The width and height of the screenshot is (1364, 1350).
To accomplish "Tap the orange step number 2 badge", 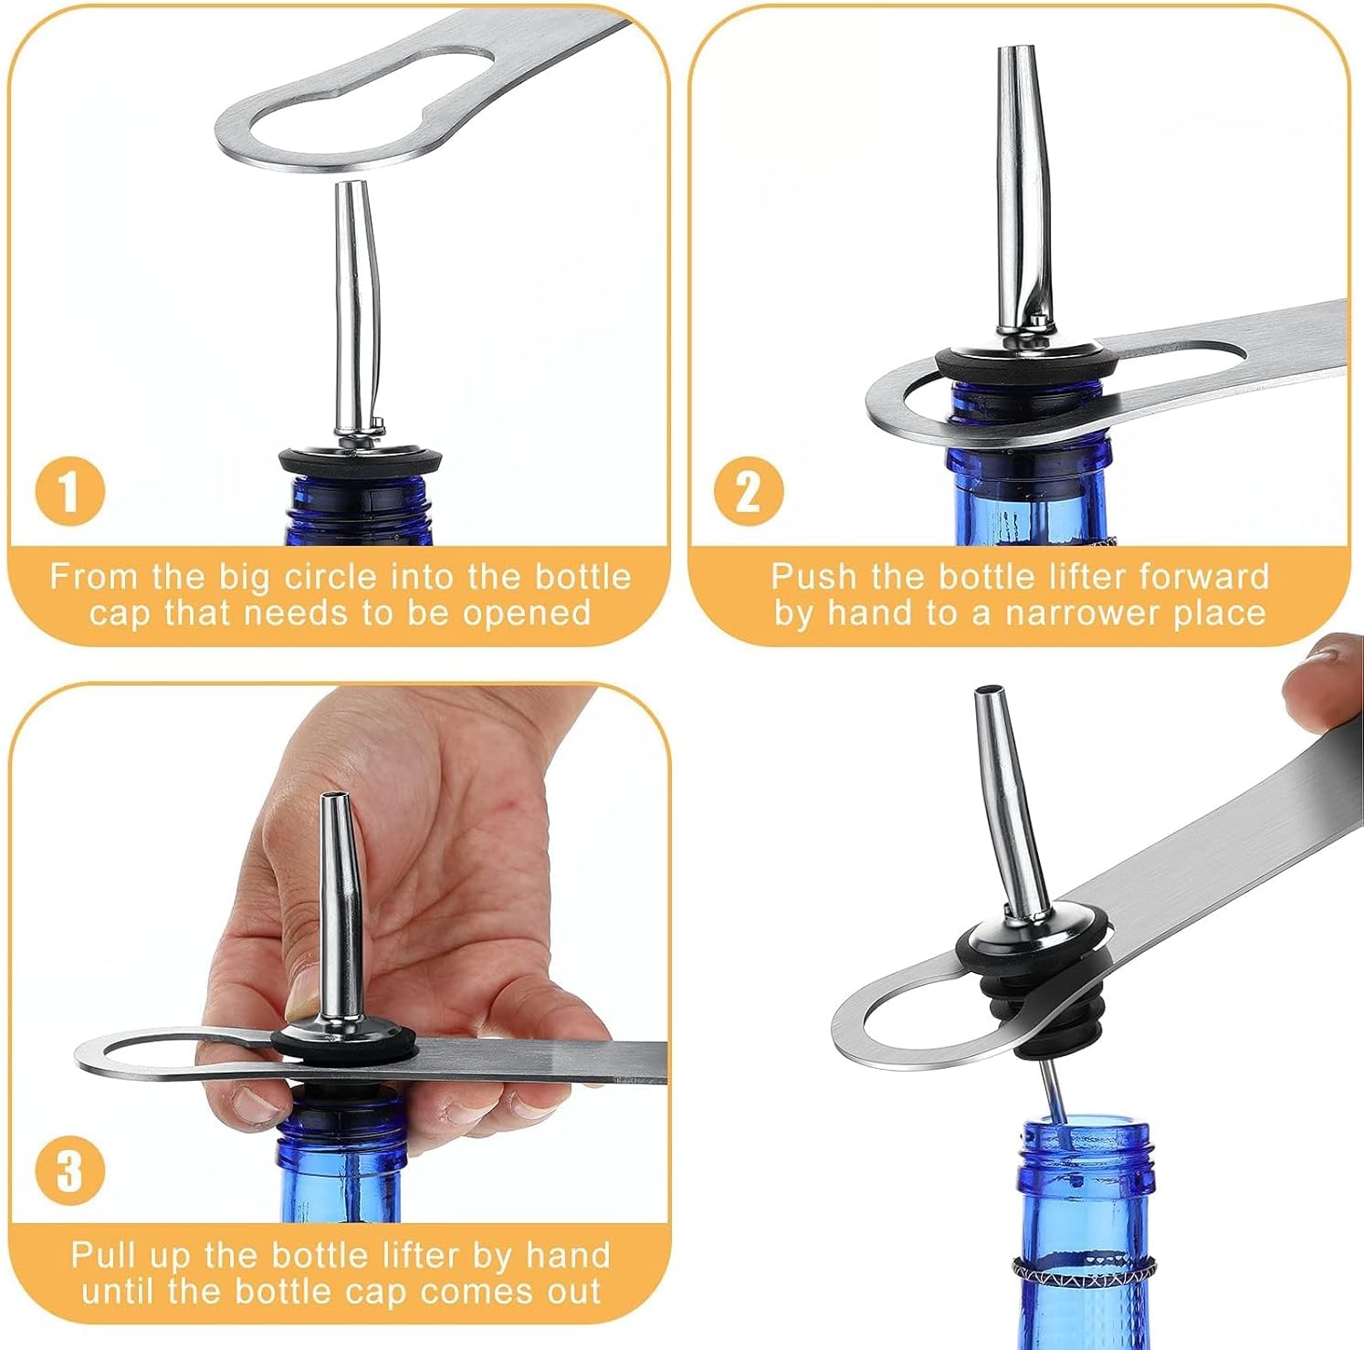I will pos(748,492).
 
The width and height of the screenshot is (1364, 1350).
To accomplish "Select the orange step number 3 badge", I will pos(69,1170).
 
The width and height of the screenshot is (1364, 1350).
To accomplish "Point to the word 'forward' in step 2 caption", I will pos(1204,578).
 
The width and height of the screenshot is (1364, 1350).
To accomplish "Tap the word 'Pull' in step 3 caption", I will pos(102,1255).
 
